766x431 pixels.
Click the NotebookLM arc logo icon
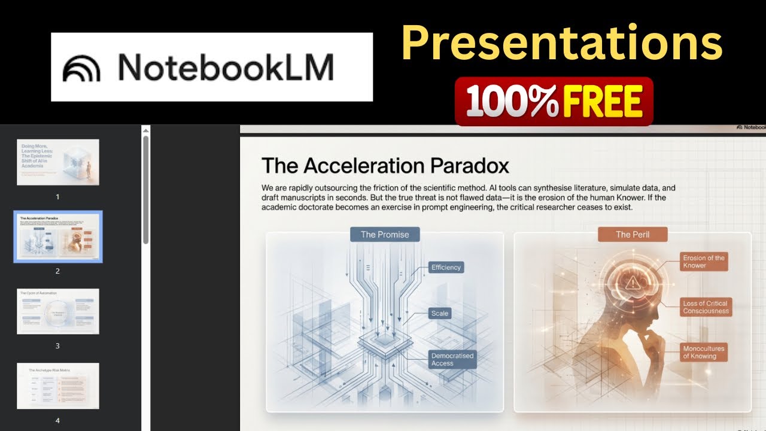82,68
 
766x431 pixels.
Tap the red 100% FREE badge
554,101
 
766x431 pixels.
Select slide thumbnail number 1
58,162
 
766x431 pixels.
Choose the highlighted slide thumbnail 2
58,236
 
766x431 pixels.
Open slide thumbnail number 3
58,311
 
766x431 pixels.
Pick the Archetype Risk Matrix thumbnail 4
58,386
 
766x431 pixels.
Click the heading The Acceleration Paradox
385,165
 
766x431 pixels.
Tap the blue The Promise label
385,234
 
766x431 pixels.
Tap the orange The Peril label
633,234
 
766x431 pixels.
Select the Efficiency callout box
446,268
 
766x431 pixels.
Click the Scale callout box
440,313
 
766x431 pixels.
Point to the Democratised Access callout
452,359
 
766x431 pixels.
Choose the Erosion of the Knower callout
704,262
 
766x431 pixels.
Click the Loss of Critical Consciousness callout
706,307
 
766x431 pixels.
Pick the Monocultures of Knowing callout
704,352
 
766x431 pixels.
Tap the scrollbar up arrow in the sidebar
145,129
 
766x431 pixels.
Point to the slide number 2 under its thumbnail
58,271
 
